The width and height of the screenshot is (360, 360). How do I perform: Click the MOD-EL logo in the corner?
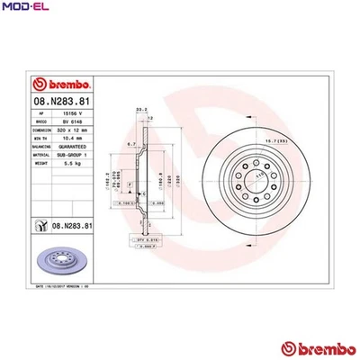coord(25,8)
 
